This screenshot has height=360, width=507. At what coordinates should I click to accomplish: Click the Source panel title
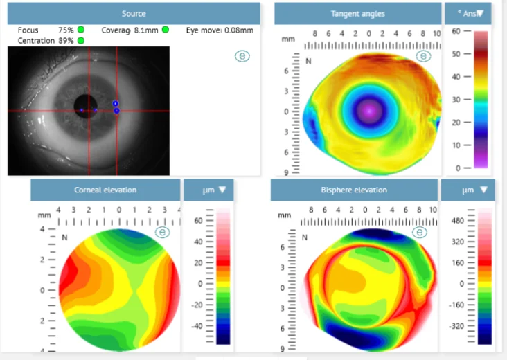pos(134,14)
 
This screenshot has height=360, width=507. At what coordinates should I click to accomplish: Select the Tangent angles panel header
pos(357,14)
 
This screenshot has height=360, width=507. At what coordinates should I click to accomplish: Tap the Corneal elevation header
pos(105,190)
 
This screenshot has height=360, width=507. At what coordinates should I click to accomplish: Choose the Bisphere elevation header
pos(354,190)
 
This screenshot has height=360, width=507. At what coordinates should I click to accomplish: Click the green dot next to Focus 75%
pos(81,30)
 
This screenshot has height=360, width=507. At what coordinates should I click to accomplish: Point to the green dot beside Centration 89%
pos(81,41)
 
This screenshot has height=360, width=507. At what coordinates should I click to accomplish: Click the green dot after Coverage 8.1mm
pos(166,30)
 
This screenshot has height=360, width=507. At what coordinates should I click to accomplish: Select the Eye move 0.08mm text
pos(220,30)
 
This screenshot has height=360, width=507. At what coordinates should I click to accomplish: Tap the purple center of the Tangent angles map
pos(369,109)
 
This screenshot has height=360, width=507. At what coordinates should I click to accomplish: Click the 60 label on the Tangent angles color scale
pos(456,32)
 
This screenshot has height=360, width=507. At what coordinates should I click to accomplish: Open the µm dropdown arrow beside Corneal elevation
pos(222,190)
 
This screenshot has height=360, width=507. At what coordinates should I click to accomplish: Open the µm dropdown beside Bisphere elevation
pos(483,190)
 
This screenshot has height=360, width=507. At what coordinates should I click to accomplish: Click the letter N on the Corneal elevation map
pos(64,237)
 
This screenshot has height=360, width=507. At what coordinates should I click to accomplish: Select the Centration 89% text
pos(46,41)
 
